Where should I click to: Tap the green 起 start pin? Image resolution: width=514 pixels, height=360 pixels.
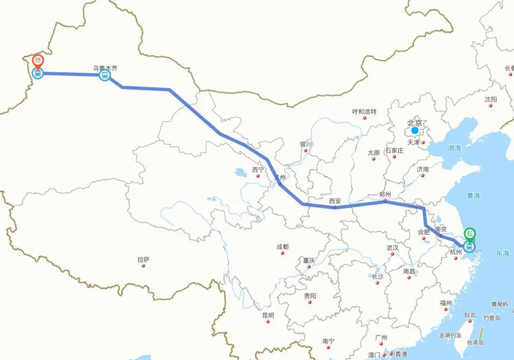click(470, 233)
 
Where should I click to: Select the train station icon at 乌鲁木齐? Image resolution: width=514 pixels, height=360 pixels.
click(105, 75)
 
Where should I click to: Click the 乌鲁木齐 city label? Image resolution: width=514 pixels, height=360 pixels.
click(105, 68)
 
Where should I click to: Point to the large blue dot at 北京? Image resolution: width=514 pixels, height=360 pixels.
click(415, 130)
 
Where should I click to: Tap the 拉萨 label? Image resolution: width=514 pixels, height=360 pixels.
click(143, 260)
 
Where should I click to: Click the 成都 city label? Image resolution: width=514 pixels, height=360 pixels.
click(282, 247)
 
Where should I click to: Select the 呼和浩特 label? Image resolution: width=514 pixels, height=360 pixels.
click(364, 111)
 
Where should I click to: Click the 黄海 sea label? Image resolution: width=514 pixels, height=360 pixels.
click(473, 195)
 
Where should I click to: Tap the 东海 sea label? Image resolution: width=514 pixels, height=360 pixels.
click(502, 253)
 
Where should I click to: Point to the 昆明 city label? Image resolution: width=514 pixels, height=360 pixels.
click(268, 315)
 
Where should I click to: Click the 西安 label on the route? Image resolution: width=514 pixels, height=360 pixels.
click(335, 201)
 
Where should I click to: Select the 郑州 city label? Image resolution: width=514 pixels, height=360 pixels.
click(385, 194)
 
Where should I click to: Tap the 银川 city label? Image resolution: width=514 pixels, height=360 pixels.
click(306, 144)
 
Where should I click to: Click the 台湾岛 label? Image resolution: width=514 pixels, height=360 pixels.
click(474, 342)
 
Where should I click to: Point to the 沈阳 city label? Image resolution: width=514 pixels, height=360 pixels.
click(491, 99)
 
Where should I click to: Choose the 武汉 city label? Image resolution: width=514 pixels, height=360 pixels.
click(393, 248)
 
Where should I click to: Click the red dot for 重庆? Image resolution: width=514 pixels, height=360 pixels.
click(309, 267)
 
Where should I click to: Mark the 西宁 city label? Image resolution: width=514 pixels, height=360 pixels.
click(258, 170)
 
